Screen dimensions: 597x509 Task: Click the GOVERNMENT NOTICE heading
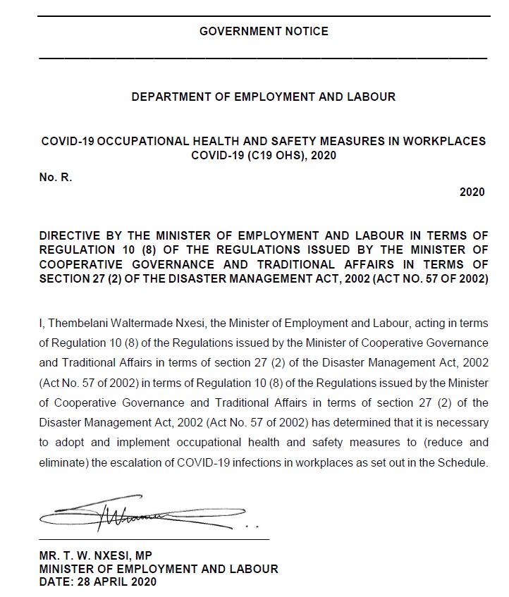tap(264, 31)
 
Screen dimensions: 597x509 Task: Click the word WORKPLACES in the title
tap(448, 141)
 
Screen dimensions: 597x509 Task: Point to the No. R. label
tap(56, 178)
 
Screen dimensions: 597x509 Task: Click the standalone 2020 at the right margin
tap(472, 192)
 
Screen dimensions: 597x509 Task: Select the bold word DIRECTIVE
tap(71, 235)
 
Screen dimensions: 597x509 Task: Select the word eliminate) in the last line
tap(66, 463)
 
